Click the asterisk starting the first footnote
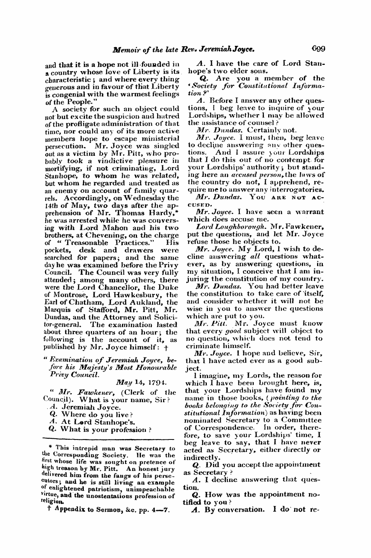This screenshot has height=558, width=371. click(x=46, y=448)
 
